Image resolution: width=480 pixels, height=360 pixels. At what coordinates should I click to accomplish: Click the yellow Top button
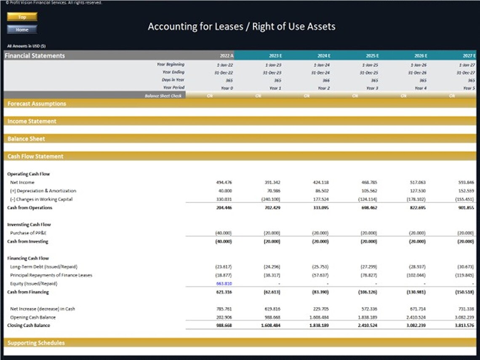pos(22,17)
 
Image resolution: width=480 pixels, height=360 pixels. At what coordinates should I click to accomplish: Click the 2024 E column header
pos(323,56)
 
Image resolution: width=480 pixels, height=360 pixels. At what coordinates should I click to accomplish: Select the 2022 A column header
pos(226,56)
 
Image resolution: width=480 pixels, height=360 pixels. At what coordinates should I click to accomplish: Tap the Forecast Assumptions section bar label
pos(37,104)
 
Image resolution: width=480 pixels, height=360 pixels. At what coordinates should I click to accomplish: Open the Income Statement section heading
pos(32,121)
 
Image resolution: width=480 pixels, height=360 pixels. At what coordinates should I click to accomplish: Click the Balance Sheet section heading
pos(26,139)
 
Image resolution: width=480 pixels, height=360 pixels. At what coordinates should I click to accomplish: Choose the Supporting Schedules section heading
pos(36,343)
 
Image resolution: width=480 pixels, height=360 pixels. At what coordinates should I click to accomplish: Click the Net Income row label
pos(22,182)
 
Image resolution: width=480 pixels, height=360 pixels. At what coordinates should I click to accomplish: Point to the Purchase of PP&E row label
pos(28,233)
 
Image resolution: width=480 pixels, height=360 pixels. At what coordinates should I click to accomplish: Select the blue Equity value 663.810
pos(224,283)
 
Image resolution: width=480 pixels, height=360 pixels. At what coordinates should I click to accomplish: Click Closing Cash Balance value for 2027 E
pos(465,325)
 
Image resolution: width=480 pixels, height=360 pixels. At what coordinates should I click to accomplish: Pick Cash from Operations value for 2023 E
pos(272,208)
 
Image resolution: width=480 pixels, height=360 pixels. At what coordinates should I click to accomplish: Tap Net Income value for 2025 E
pos(369,182)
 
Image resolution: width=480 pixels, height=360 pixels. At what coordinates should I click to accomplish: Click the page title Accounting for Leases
pos(241,27)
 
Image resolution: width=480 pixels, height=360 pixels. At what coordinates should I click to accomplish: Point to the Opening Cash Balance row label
pos(33,317)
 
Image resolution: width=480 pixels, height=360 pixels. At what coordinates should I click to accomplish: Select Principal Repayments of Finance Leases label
pos(51,275)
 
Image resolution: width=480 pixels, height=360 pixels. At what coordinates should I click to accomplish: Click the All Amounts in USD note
pos(26,46)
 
